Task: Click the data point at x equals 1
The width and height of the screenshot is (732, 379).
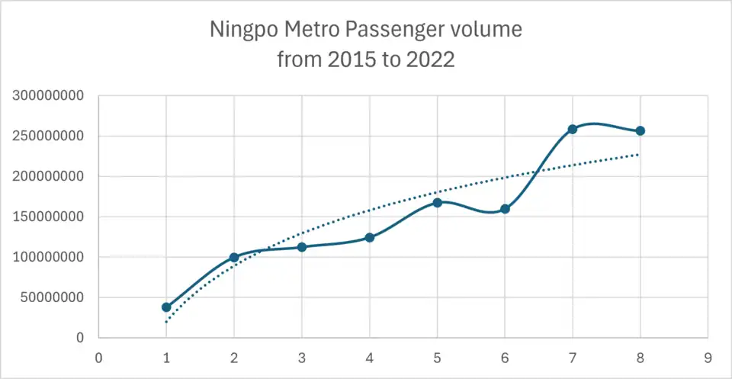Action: click(166, 307)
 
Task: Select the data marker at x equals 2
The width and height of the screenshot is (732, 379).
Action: click(234, 258)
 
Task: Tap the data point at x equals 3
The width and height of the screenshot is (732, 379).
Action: click(302, 247)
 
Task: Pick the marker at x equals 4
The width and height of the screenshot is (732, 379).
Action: click(370, 237)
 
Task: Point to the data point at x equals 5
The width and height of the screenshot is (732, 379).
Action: click(437, 203)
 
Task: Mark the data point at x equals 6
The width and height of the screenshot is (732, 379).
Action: click(505, 209)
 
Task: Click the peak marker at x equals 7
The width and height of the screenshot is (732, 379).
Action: click(573, 130)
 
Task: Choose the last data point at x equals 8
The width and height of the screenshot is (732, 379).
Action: click(640, 131)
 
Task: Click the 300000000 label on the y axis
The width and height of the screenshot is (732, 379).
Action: click(48, 97)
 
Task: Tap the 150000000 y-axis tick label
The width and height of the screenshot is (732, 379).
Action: click(48, 217)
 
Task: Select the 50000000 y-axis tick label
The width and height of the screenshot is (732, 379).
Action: click(52, 297)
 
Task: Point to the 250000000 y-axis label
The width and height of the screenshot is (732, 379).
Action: click(48, 137)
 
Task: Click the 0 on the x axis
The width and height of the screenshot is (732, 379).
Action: click(98, 356)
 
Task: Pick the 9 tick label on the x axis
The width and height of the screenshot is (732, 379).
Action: click(708, 356)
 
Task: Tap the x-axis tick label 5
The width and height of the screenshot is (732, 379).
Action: click(437, 356)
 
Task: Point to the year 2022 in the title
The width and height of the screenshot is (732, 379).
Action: click(432, 60)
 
